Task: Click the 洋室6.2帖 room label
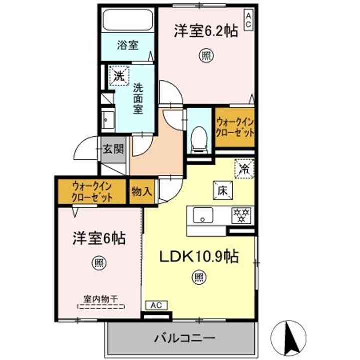click(205, 31)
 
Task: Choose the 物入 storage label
click(141, 191)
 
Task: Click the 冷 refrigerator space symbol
click(245, 168)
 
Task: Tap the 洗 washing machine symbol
click(118, 76)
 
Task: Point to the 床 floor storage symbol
click(223, 189)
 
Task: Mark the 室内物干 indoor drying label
click(100, 299)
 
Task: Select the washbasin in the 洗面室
click(108, 120)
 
